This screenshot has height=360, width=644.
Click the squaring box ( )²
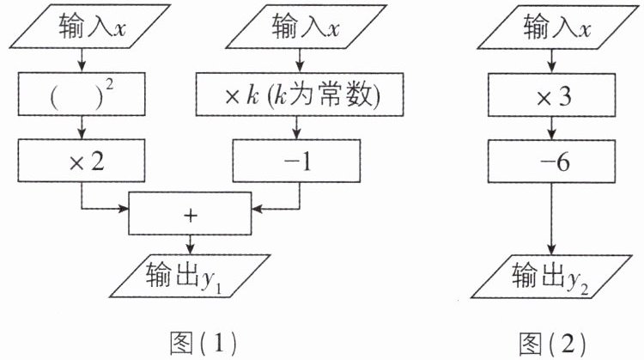[x=82, y=95]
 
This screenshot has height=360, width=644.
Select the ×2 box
[x=82, y=161]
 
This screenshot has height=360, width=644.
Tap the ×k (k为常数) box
[x=300, y=95]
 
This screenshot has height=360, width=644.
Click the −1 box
[x=296, y=161]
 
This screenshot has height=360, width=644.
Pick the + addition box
[x=190, y=214]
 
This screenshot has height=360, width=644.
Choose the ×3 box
[x=551, y=95]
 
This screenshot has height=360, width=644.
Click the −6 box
[x=551, y=162]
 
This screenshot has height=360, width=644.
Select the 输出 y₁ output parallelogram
[x=190, y=276]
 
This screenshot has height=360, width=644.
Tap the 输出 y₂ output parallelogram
[x=551, y=277]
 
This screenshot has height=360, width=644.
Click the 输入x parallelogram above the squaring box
[x=90, y=27]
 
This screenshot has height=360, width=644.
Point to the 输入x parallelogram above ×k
[x=307, y=27]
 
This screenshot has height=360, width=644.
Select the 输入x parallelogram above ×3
[x=557, y=27]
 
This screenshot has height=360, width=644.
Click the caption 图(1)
[x=204, y=343]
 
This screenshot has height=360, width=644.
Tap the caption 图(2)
[x=552, y=344]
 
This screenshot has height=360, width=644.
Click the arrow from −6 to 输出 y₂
[x=551, y=219]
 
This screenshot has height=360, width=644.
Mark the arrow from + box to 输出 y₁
[x=190, y=245]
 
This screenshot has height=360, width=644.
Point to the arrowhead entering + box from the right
[x=257, y=209]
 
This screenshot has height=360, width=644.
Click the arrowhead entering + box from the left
[x=123, y=209]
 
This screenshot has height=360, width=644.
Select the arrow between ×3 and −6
[x=551, y=129]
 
